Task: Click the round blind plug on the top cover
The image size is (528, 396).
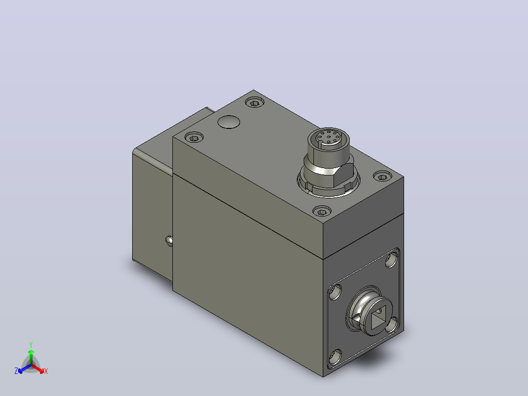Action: [229, 122]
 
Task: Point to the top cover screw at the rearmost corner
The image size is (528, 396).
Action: [255, 102]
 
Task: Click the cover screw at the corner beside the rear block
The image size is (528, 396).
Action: [194, 138]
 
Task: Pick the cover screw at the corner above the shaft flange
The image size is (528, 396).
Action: [383, 176]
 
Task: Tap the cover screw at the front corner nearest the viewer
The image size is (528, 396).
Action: [322, 211]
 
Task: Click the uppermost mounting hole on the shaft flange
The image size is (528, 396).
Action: [391, 260]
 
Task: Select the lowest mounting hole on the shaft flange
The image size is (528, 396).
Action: [335, 357]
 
